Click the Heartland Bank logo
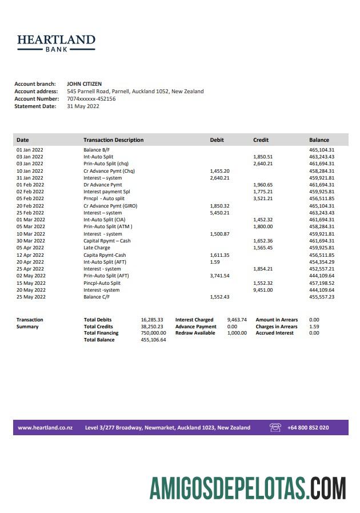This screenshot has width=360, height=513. click(x=56, y=43)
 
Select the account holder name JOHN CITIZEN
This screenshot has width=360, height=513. click(x=84, y=84)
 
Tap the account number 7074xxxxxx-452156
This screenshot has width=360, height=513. click(x=91, y=98)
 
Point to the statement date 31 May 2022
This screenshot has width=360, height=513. click(x=83, y=106)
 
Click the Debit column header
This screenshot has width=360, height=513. click(x=217, y=140)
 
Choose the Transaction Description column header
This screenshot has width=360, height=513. click(x=113, y=140)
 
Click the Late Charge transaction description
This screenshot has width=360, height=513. click(x=97, y=248)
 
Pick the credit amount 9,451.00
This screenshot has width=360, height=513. click(x=263, y=290)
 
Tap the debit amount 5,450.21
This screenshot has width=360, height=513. click(x=219, y=213)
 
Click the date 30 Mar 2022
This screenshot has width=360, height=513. click(x=30, y=241)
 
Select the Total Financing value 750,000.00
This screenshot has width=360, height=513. click(x=153, y=333)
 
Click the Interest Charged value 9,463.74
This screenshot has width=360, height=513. click(x=237, y=320)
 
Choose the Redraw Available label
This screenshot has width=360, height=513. click(x=195, y=333)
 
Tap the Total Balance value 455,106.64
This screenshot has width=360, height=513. click(x=153, y=340)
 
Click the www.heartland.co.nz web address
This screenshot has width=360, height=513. click(x=45, y=428)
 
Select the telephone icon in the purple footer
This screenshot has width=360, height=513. click(x=275, y=428)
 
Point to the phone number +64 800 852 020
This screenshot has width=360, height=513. click(x=308, y=428)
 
